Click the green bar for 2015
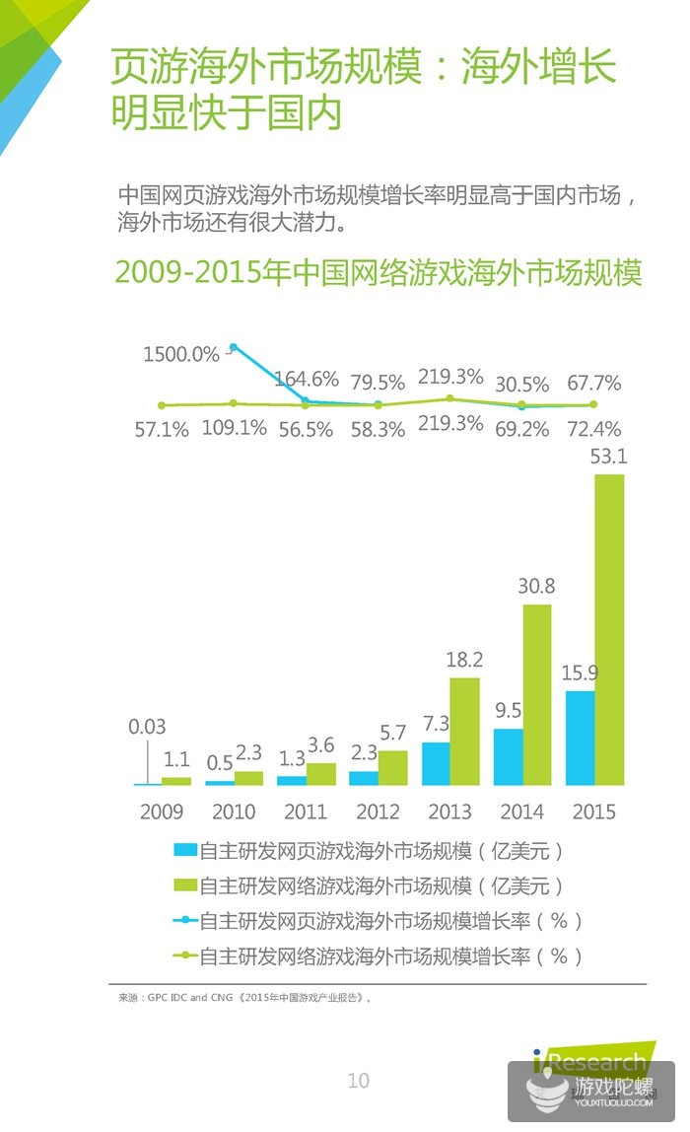coord(608,630)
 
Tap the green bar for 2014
coord(536,694)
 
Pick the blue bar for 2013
coord(436,763)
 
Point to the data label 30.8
coord(536,586)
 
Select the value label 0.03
coord(148,727)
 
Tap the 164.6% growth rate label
coord(306,379)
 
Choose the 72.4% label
coord(593,429)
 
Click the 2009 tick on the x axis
coord(162,812)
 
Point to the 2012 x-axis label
coord(378,812)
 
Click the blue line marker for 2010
coord(234,347)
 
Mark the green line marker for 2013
coord(449,398)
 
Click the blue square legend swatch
coord(183,850)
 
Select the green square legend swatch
coord(183,885)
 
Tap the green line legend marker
coord(183,955)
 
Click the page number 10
coord(359,1081)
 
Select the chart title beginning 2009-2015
coord(379,272)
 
